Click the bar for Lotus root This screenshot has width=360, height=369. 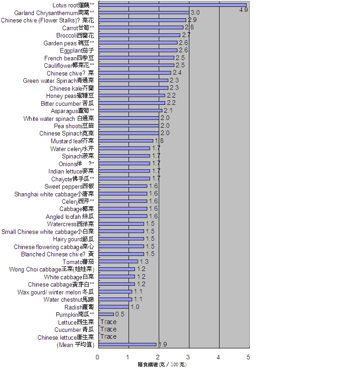click(x=172, y=5)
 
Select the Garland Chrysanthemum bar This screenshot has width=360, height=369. click(x=144, y=12)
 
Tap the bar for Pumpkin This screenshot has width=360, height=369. click(x=106, y=314)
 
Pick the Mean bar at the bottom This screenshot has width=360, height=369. click(x=127, y=344)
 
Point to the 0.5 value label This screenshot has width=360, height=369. click(x=120, y=315)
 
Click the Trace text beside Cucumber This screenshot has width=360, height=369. click(x=108, y=329)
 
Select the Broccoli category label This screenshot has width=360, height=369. click(x=75, y=35)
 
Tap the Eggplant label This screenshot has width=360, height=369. click(x=77, y=50)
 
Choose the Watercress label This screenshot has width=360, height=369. click(x=70, y=224)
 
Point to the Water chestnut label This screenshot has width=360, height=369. click(x=69, y=299)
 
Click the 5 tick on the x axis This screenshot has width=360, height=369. click(x=249, y=357)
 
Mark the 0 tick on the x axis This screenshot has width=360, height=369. click(x=97, y=357)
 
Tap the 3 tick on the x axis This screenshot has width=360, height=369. click(x=188, y=357)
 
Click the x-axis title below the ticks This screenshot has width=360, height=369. click(x=162, y=364)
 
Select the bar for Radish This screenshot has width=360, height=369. click(x=113, y=307)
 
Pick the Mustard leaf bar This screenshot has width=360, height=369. click(x=125, y=141)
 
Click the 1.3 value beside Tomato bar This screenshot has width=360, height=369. click(x=144, y=261)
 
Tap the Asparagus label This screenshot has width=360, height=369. click(x=72, y=111)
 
